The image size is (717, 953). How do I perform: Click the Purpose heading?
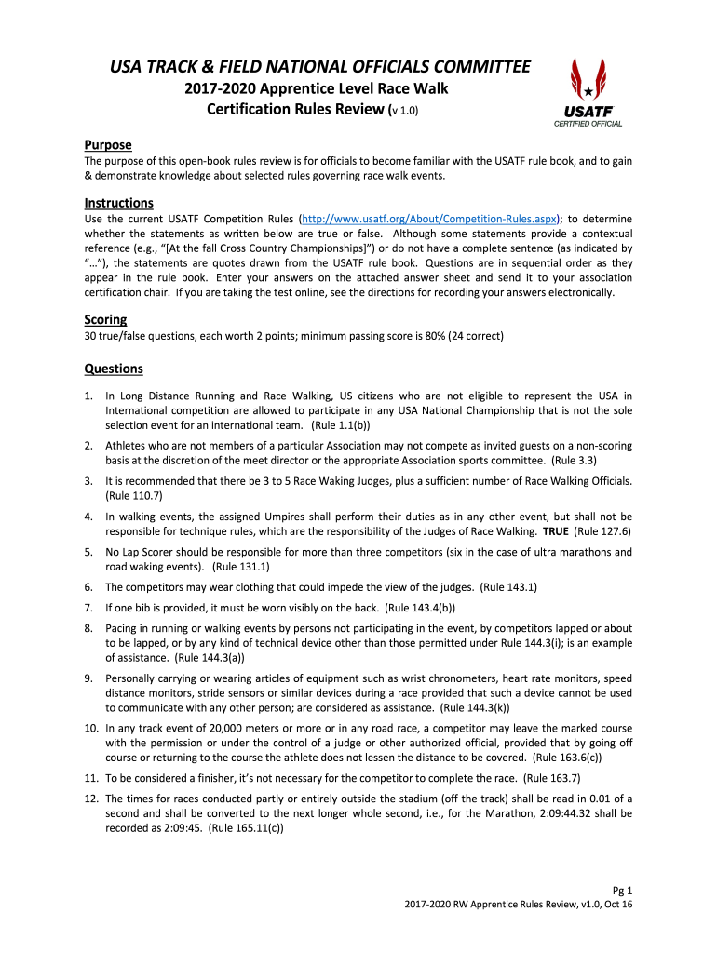[x=108, y=145]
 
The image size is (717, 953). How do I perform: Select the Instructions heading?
[x=119, y=203]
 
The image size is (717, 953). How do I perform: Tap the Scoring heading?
[x=106, y=319]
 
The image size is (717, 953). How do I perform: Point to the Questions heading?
[x=115, y=368]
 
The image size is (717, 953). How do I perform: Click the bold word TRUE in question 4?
[x=555, y=531]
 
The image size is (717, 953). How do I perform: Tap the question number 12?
[x=91, y=799]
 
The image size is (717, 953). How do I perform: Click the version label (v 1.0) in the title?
[x=403, y=110]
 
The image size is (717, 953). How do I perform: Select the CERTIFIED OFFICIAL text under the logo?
[x=588, y=123]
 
